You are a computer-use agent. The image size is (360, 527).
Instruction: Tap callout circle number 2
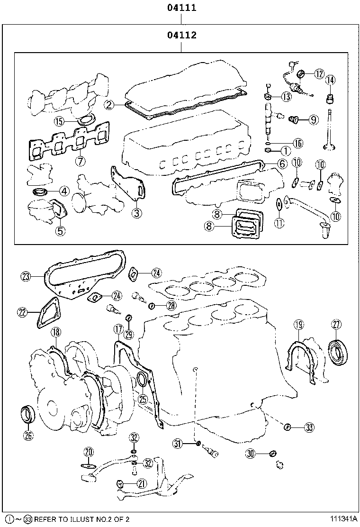coord(109,105)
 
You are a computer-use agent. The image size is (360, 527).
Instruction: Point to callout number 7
coord(80,161)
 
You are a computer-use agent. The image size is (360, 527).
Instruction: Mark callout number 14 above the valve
coord(330,80)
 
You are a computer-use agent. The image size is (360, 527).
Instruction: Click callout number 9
coord(314,120)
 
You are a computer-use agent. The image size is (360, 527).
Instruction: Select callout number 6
coord(281,164)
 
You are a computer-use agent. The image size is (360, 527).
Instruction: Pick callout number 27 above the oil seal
coord(336,325)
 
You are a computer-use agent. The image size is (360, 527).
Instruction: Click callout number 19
coord(298,325)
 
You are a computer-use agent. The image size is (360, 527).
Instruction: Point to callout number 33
coord(309,428)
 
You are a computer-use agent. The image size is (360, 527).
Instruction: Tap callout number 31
coord(178,444)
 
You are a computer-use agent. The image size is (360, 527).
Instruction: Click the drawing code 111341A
coord(340,519)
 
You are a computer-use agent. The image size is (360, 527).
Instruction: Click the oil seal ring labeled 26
coord(28,414)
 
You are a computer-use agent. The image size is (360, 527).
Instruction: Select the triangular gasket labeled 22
coord(49,312)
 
